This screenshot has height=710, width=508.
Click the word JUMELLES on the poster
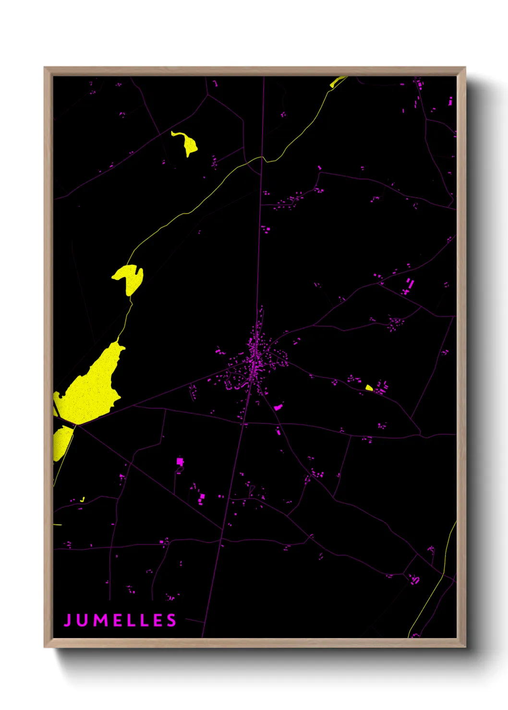120,620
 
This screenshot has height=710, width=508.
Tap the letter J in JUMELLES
68,620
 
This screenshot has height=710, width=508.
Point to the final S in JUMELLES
171,620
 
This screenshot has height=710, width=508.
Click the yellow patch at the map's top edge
338,82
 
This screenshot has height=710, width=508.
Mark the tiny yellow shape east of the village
369,388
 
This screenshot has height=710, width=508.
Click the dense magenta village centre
255,357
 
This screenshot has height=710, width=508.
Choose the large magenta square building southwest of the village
180,461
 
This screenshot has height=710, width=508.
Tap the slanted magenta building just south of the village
278,407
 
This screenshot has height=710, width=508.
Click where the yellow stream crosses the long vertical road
262,157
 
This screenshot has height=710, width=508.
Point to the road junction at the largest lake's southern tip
76,424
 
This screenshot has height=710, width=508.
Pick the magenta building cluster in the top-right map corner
420,85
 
